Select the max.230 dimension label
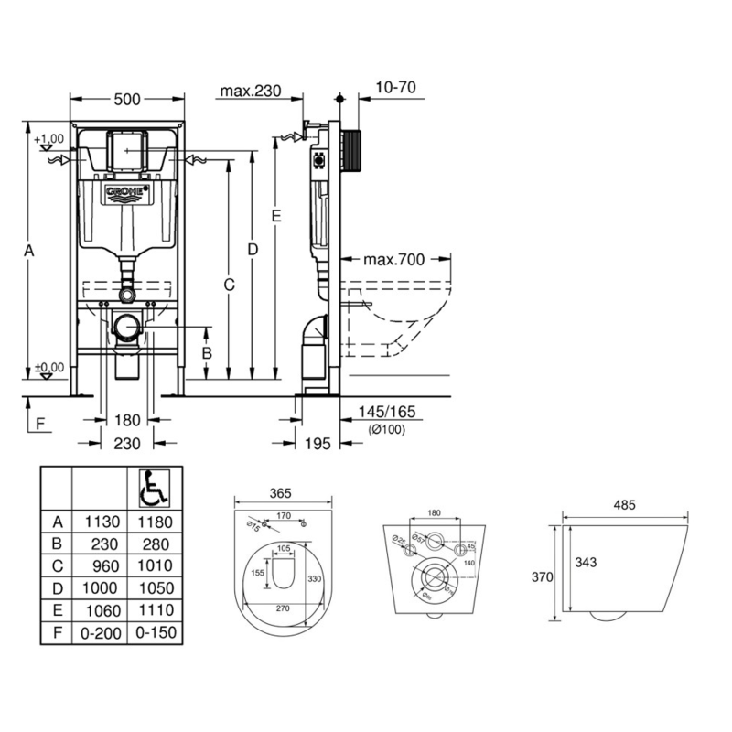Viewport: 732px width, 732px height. [x=248, y=90]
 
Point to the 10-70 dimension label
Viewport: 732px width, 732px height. [x=396, y=88]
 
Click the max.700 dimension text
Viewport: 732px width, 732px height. [x=394, y=260]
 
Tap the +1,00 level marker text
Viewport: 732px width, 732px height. [x=49, y=139]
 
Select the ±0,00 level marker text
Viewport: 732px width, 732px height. [x=49, y=367]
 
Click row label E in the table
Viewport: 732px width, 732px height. [x=57, y=610]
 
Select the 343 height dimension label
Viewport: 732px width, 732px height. [x=589, y=562]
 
